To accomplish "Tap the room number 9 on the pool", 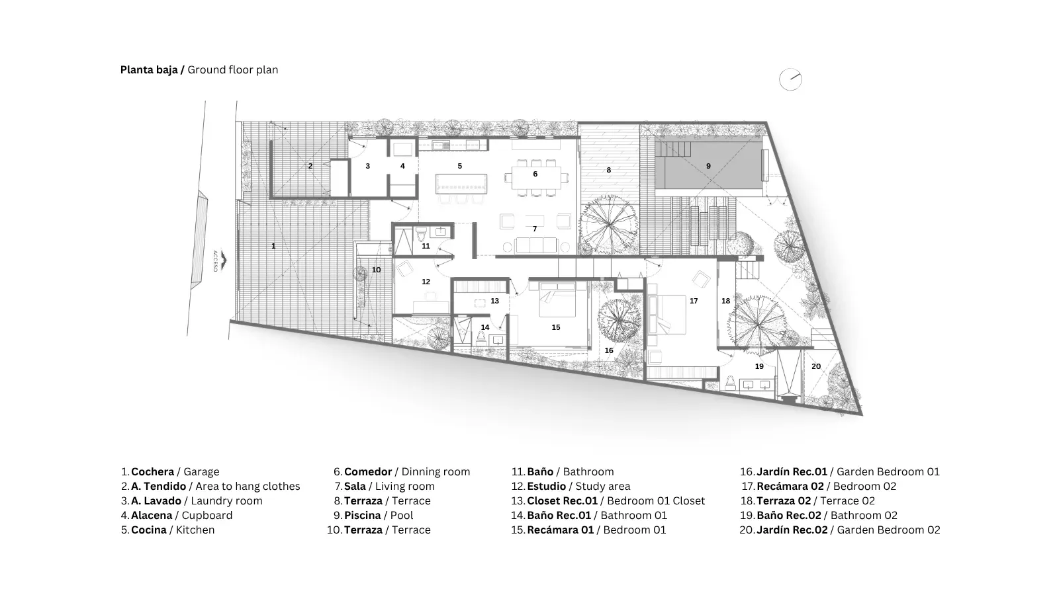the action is (708, 166).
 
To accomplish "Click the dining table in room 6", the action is (535, 178).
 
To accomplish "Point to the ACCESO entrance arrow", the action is (223, 260).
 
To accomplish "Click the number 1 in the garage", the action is (273, 246).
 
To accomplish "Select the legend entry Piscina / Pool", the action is (373, 515).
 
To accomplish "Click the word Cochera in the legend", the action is (152, 472).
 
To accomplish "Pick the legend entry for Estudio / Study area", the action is (570, 487).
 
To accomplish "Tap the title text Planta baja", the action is (149, 70).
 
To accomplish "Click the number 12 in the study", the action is (426, 282).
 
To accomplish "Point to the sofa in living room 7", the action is (536, 245).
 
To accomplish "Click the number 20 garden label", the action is (816, 366).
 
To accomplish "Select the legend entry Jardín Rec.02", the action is (840, 530).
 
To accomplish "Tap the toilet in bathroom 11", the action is (421, 233).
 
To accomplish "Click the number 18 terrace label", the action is (725, 301).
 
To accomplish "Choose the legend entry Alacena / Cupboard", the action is (176, 515).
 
